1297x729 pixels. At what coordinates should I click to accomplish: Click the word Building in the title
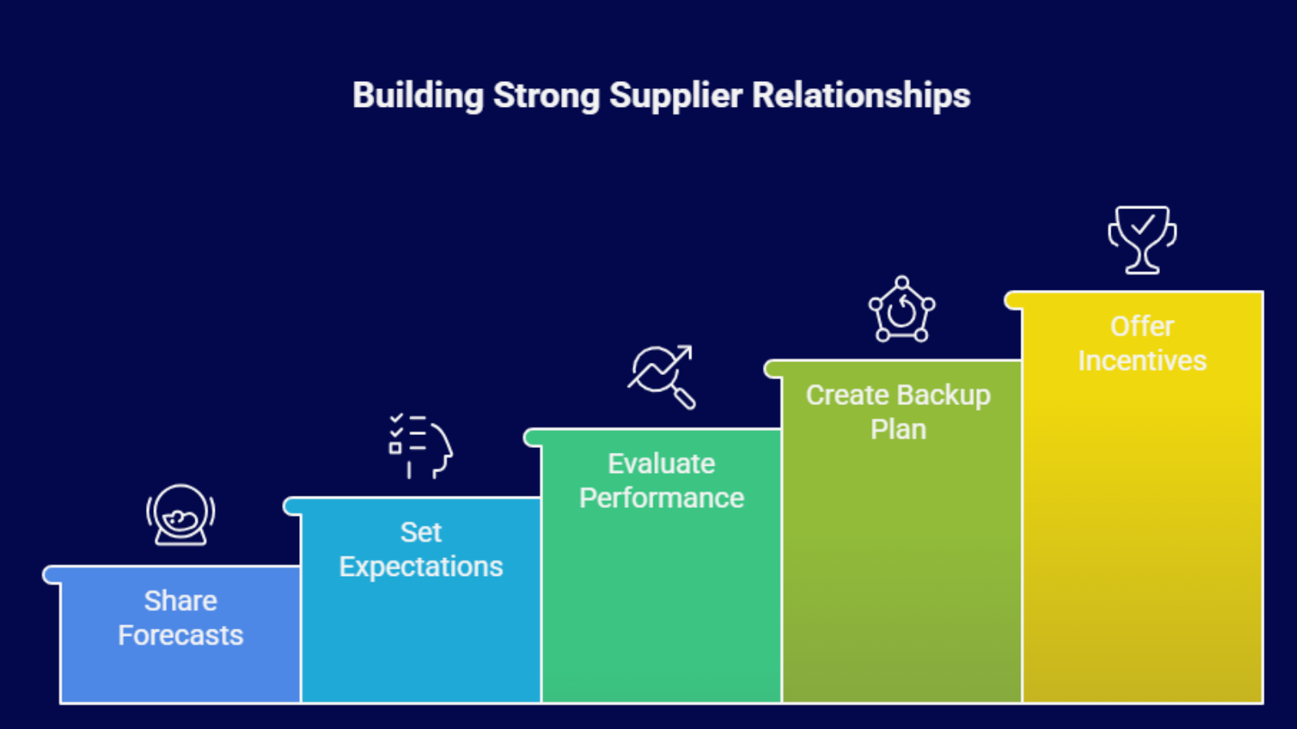(418, 95)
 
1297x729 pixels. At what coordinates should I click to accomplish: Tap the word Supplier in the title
(676, 95)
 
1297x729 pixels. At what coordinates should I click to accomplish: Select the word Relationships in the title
(861, 95)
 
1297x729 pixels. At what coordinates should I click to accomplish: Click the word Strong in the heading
(546, 95)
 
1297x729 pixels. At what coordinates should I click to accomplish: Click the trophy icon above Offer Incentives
(1142, 240)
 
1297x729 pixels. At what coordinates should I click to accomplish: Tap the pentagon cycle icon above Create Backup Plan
(901, 309)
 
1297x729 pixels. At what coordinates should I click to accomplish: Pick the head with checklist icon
(421, 446)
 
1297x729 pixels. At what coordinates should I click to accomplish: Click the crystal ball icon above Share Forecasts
(181, 515)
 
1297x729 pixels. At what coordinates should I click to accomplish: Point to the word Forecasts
(181, 635)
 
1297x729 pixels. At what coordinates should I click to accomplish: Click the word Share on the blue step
(181, 600)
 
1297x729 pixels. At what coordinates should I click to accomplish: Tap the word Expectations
(421, 566)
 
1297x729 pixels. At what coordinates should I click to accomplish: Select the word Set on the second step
(421, 532)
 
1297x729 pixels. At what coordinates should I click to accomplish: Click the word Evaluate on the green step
(661, 463)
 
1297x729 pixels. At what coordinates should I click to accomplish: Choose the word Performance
(661, 497)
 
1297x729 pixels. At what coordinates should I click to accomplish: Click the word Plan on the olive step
(899, 429)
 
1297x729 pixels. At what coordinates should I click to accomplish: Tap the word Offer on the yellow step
(1142, 326)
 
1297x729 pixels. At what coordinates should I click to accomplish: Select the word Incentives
(1142, 360)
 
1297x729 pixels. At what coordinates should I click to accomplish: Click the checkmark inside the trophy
(1142, 224)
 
